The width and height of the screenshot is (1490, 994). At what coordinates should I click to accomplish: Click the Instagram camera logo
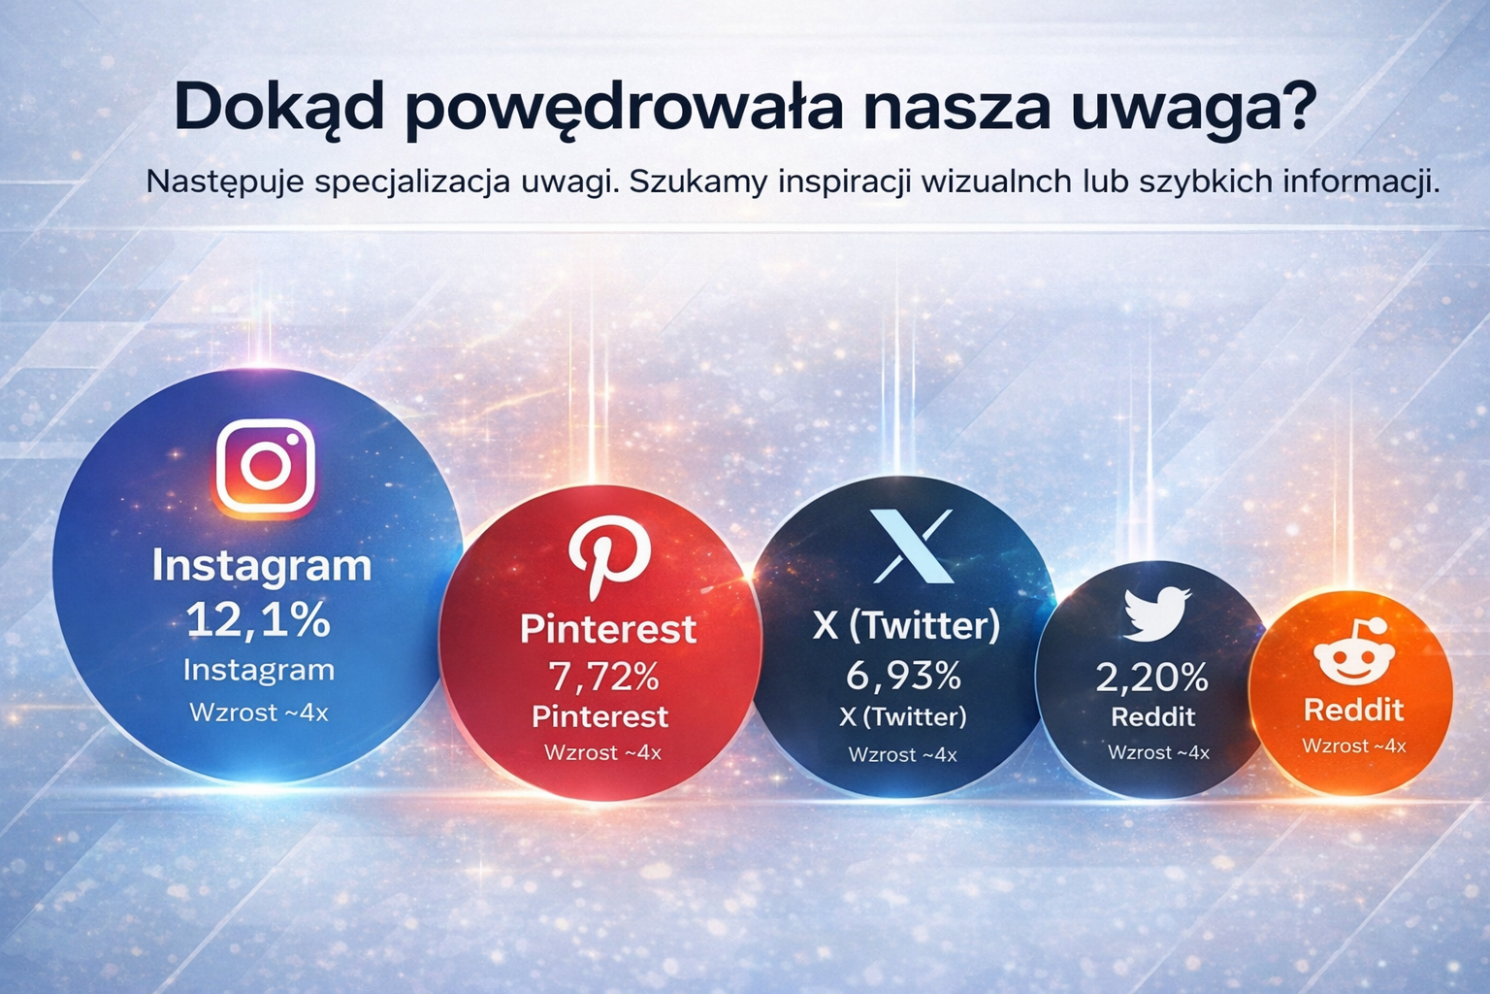(x=265, y=466)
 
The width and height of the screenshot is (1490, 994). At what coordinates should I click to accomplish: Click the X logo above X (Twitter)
(x=911, y=547)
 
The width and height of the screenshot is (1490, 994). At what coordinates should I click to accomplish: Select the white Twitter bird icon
(x=1155, y=613)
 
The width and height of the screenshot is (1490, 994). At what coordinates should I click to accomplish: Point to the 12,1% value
(x=258, y=619)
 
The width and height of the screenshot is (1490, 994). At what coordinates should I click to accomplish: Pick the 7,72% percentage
(x=604, y=676)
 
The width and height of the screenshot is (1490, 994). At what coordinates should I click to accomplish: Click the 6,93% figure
(x=903, y=675)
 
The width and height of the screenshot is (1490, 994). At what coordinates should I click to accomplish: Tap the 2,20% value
(x=1152, y=678)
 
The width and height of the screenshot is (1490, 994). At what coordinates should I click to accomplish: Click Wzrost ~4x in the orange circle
(x=1353, y=745)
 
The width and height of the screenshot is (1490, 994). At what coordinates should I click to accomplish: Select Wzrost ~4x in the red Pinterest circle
(x=602, y=752)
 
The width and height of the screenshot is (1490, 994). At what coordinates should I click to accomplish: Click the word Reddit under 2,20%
(x=1152, y=717)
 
